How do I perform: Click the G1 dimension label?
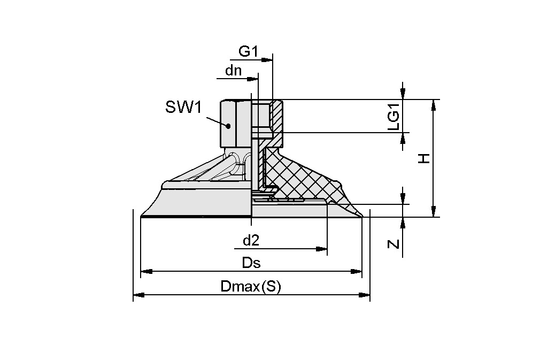pyautogui.click(x=248, y=51)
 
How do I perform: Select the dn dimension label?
pyautogui.click(x=233, y=70)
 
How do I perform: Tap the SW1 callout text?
pyautogui.click(x=183, y=108)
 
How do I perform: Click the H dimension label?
pyautogui.click(x=423, y=158)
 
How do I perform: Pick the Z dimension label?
pyautogui.click(x=394, y=244)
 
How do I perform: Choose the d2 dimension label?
pyautogui.click(x=251, y=241)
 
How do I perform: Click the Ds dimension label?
pyautogui.click(x=251, y=263)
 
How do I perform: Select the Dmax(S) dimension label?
pyautogui.click(x=250, y=287)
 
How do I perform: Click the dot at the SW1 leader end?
pyautogui.click(x=228, y=126)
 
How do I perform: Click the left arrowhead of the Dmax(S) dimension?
pyautogui.click(x=138, y=294)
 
